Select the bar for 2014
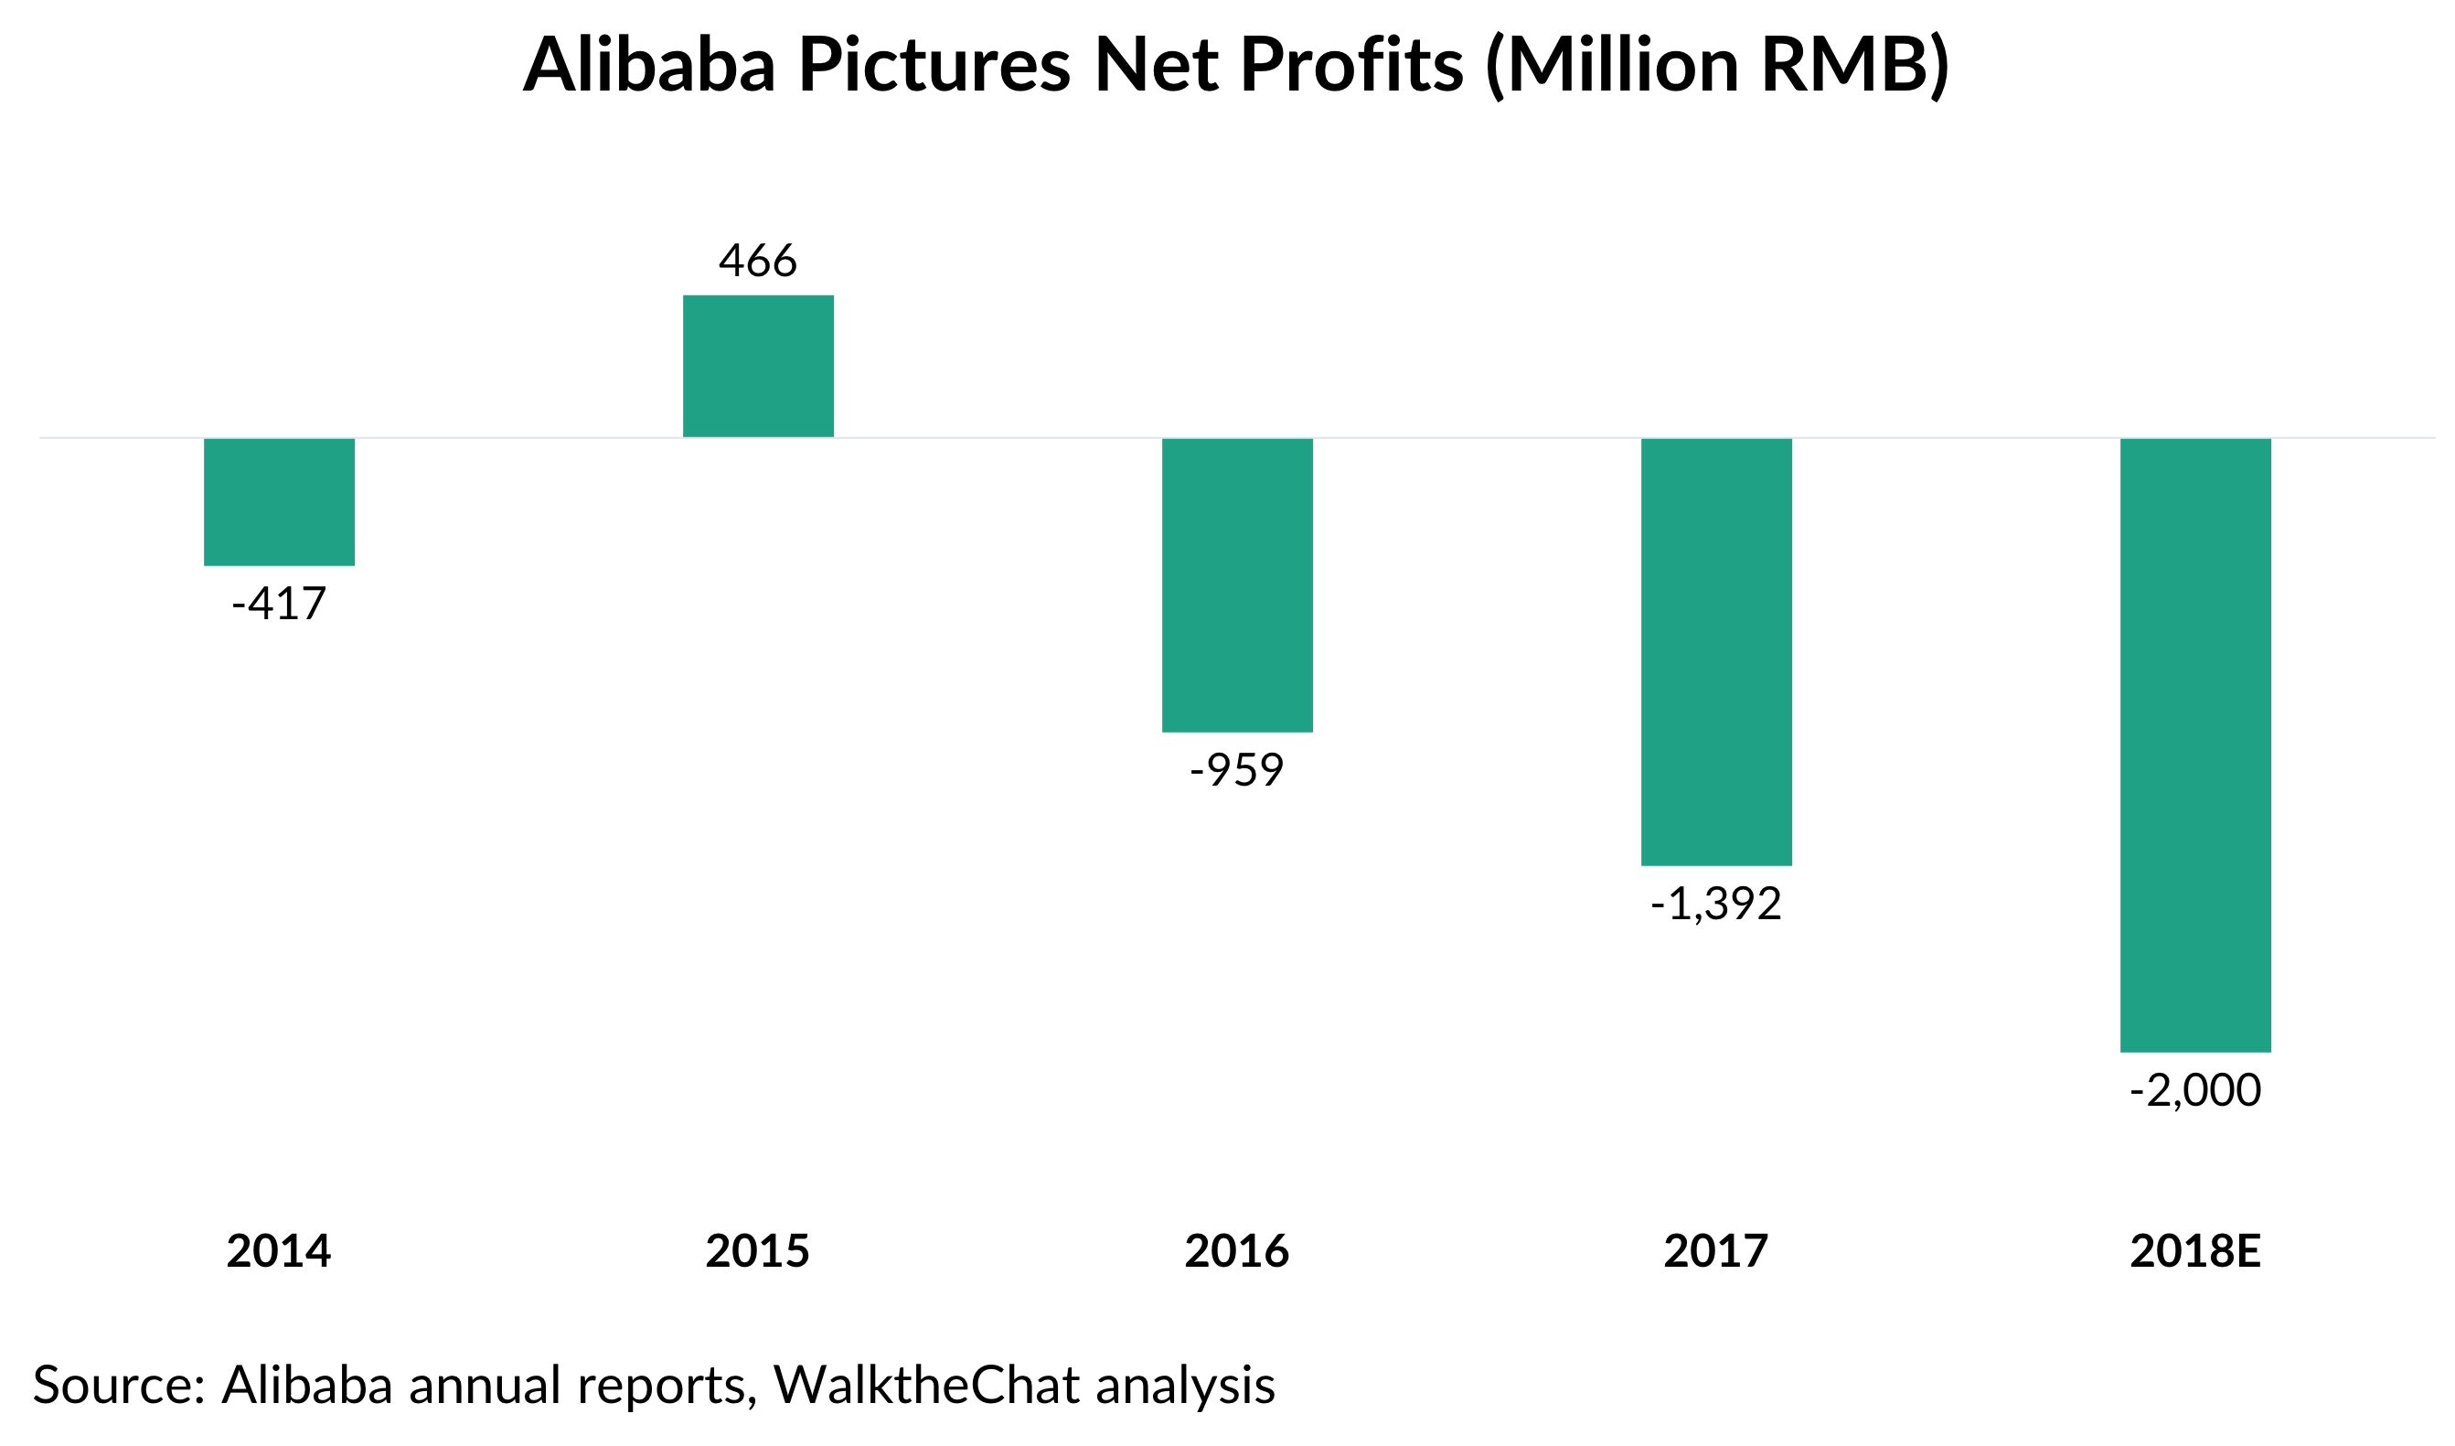pos(279,502)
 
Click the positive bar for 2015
pos(758,366)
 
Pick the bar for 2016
pos(1237,584)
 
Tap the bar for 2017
pos(1716,652)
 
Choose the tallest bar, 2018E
pos(2196,745)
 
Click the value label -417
pos(279,605)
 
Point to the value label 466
pos(758,262)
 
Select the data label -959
pos(1237,771)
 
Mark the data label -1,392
pos(1716,905)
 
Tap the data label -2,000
pos(2196,1090)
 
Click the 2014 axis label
pos(279,1251)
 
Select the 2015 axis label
pos(758,1251)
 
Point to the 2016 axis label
pos(1237,1251)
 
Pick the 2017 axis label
pos(1716,1251)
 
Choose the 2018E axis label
pos(2196,1251)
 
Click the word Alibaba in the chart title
pos(650,65)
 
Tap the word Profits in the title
pos(1351,65)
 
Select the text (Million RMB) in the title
pos(1717,65)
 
